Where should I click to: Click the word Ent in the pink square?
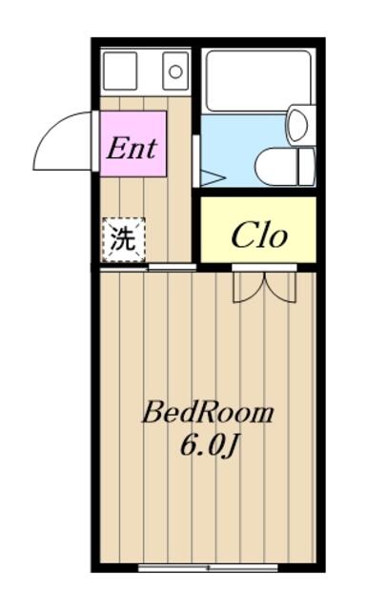pyautogui.click(x=132, y=149)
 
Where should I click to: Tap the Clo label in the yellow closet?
pyautogui.click(x=259, y=235)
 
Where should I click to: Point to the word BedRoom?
pyautogui.click(x=209, y=413)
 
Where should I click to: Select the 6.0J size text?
pyautogui.click(x=209, y=446)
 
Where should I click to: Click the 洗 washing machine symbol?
pyautogui.click(x=124, y=239)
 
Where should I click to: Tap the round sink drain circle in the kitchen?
pyautogui.click(x=175, y=71)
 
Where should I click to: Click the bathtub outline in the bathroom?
pyautogui.click(x=258, y=81)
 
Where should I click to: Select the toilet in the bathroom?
pyautogui.click(x=285, y=167)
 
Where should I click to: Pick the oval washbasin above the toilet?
pyautogui.click(x=298, y=125)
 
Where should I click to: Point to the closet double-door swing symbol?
pyautogui.click(x=264, y=287)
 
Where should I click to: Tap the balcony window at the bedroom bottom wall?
pyautogui.click(x=208, y=568)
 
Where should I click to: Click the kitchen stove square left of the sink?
pyautogui.click(x=120, y=71)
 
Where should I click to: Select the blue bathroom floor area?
pyautogui.click(x=241, y=150)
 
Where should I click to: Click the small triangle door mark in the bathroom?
pyautogui.click(x=213, y=178)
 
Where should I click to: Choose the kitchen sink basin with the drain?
pyautogui.click(x=175, y=71)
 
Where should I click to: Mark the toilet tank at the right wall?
pyautogui.click(x=307, y=167)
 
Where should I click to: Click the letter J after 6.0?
pyautogui.click(x=231, y=447)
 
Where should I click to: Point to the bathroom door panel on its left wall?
pyautogui.click(x=196, y=161)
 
